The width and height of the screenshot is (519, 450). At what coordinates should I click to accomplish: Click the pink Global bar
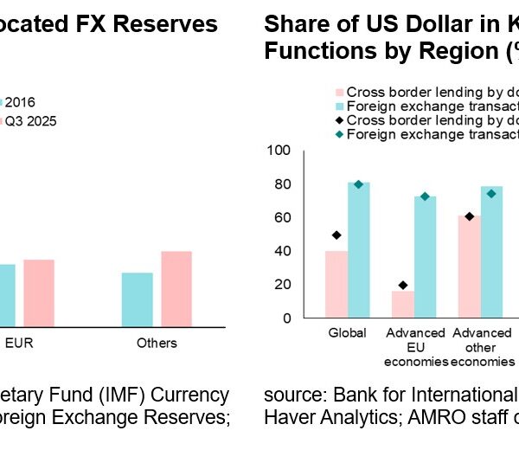tap(336, 285)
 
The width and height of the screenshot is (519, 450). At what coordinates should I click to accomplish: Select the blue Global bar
tap(359, 250)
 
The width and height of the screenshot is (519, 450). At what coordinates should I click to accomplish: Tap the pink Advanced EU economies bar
tap(403, 304)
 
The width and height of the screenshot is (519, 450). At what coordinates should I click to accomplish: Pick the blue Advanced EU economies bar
tap(426, 257)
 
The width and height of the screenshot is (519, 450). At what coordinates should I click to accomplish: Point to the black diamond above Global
tap(336, 235)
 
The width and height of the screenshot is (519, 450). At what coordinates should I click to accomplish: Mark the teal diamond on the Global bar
tap(359, 184)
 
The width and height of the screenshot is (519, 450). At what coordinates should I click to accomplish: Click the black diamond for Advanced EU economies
tap(403, 286)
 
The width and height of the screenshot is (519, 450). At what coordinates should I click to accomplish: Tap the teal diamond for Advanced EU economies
tap(426, 196)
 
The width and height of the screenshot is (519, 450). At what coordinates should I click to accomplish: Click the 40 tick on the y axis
tap(283, 251)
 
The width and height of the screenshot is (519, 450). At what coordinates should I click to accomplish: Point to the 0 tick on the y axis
tap(286, 318)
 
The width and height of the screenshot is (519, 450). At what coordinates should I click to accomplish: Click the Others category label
tap(157, 343)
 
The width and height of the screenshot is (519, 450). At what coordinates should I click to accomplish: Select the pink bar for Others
tap(176, 289)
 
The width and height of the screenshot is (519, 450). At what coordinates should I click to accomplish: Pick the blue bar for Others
tap(137, 299)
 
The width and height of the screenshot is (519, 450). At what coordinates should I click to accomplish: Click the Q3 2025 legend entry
tap(31, 121)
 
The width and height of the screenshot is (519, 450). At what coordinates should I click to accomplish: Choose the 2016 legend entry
tap(20, 101)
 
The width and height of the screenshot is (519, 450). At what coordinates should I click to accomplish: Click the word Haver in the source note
tap(286, 417)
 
